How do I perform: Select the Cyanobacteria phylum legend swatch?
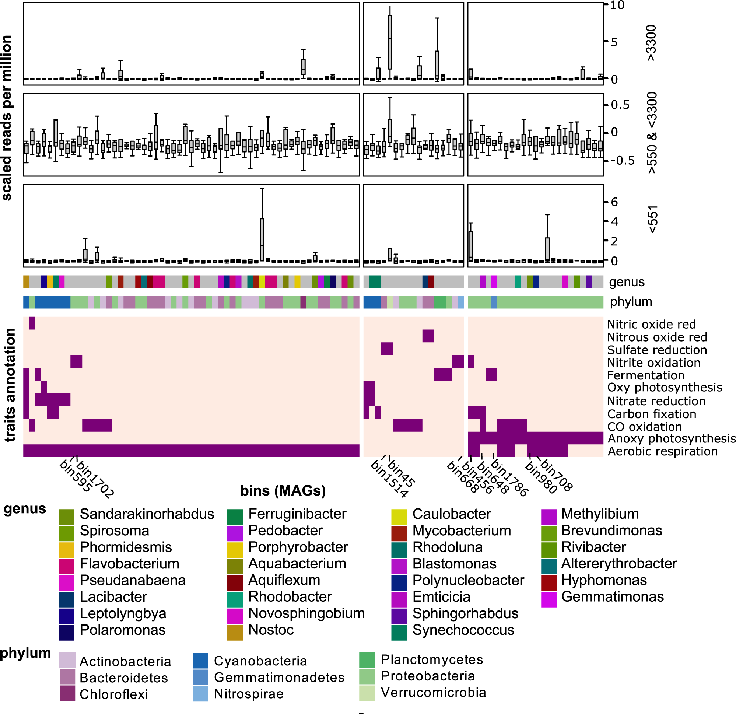[200, 661]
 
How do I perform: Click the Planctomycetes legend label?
[432, 659]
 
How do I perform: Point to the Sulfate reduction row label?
[657, 350]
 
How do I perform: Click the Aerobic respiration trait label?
[662, 451]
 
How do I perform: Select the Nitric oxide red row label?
[651, 324]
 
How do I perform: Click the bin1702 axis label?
[95, 479]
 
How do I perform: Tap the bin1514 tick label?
[389, 479]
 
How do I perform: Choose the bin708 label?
[557, 475]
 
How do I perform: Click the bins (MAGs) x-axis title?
[283, 490]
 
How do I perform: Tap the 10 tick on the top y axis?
[617, 5]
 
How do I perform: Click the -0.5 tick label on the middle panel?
[622, 160]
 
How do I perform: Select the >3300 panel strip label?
[652, 43]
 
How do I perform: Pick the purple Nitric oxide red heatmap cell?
[32, 323]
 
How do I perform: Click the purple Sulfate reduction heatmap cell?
[387, 349]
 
